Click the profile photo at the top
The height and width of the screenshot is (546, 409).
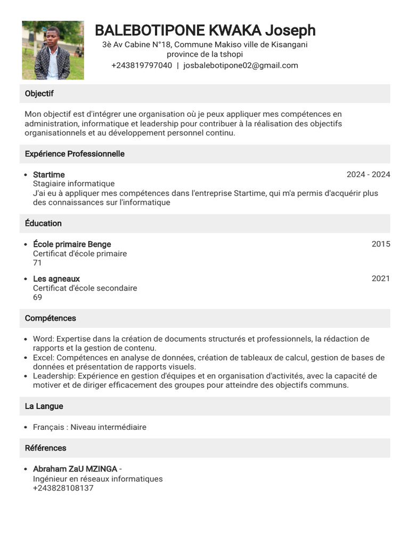click(53, 50)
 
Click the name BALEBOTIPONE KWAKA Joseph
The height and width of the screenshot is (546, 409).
click(205, 30)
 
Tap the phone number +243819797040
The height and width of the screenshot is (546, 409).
click(142, 66)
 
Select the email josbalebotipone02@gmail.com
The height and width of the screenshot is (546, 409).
click(240, 66)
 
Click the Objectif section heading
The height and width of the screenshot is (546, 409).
click(39, 94)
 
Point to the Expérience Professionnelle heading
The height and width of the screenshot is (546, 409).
click(75, 154)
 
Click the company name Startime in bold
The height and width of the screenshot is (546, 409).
click(49, 175)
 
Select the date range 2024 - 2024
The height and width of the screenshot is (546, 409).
click(368, 175)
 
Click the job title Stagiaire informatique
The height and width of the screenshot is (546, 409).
click(73, 184)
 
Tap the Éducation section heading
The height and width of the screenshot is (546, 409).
click(43, 223)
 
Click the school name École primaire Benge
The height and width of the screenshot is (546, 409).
click(72, 244)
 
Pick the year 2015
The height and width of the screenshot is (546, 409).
click(381, 244)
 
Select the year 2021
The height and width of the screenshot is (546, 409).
click(381, 278)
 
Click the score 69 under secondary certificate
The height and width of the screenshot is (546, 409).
click(37, 298)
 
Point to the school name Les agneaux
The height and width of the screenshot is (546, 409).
click(56, 279)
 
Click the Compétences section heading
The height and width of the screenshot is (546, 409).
click(51, 318)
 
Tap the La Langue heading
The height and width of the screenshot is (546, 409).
click(44, 406)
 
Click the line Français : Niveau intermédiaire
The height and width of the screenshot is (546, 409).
click(89, 427)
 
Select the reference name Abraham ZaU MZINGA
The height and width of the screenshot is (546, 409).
click(75, 469)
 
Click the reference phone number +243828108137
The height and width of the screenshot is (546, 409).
click(63, 488)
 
